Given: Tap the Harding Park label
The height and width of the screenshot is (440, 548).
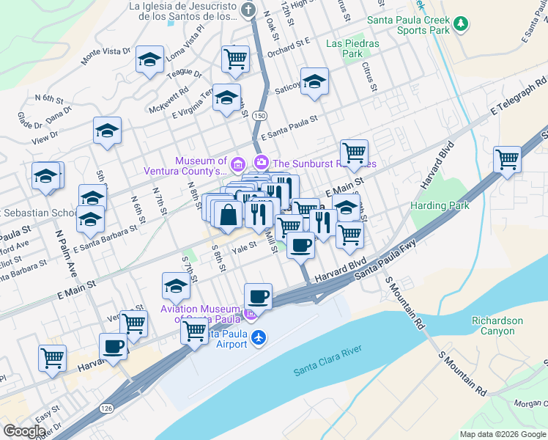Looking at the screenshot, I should pyautogui.click(x=440, y=206).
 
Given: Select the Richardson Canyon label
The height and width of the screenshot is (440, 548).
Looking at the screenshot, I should pyautogui.click(x=497, y=326).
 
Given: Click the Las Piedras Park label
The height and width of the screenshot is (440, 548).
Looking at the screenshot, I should pyautogui.click(x=352, y=48).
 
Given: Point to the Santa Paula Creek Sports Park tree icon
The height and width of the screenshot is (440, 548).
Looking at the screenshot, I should pyautogui.click(x=461, y=23).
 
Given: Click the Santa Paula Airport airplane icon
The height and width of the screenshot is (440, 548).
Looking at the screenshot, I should pyautogui.click(x=258, y=337).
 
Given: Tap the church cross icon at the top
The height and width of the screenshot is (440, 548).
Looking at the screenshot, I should pyautogui.click(x=249, y=10).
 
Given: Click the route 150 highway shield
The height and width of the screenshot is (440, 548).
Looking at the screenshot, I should pyautogui.click(x=259, y=116).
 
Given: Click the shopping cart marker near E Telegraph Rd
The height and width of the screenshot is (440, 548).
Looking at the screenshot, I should pyautogui.click(x=507, y=158).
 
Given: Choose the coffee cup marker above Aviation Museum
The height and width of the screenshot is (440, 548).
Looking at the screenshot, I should pyautogui.click(x=258, y=296).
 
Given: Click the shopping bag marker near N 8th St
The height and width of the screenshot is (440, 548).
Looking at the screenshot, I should pyautogui.click(x=229, y=214).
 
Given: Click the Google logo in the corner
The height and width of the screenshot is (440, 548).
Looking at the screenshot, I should pyautogui.click(x=24, y=431).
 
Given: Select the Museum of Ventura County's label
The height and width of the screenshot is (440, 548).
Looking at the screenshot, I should pyautogui.click(x=200, y=166).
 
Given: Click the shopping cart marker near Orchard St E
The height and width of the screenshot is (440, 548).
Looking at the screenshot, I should pyautogui.click(x=236, y=58).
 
